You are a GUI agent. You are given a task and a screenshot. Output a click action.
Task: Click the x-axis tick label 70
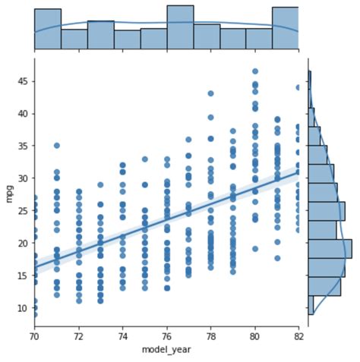[34, 334]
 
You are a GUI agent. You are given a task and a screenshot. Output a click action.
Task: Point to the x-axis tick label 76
[166, 334]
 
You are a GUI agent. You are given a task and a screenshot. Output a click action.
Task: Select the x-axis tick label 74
[122, 334]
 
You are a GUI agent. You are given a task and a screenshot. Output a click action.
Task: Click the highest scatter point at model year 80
[254, 71]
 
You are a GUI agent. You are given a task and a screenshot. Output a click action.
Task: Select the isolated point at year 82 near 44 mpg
[298, 87]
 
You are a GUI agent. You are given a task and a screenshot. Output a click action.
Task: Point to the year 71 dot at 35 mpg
[56, 146]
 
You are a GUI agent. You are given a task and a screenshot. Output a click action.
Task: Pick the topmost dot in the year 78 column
[210, 94]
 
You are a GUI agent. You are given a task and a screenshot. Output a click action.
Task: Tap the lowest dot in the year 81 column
[277, 258]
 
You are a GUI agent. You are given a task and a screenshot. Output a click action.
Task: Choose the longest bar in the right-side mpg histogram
[329, 249]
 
